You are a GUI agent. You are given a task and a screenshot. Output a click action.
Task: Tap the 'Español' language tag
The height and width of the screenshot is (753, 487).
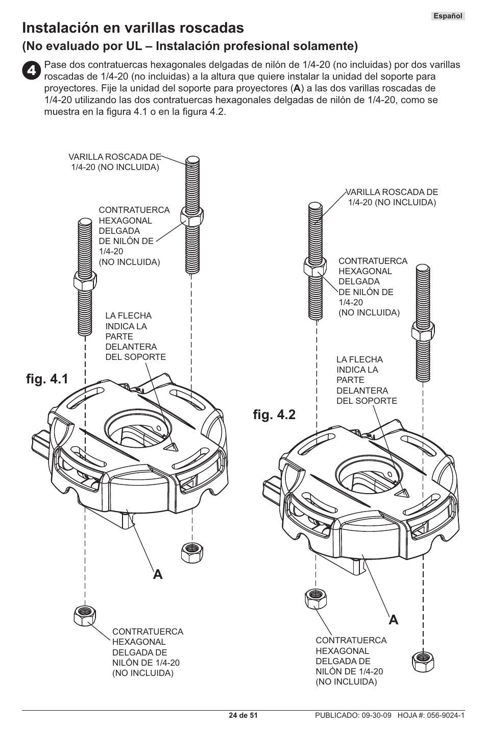point(448,16)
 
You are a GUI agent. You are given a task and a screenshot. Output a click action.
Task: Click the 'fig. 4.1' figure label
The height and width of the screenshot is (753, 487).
point(47,380)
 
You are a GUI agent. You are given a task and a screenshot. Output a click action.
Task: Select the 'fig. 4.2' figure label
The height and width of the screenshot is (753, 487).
point(274,414)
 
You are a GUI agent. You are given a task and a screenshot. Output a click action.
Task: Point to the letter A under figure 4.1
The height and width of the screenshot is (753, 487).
point(158,574)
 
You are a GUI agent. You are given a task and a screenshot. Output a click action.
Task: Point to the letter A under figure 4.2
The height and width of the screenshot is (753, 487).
point(393,620)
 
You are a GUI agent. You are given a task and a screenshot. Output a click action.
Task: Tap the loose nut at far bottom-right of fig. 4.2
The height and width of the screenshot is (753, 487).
point(422,661)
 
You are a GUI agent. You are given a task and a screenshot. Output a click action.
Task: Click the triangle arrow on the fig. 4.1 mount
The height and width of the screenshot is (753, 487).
point(170,447)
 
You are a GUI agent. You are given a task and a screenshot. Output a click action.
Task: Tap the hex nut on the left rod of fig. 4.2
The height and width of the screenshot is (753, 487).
point(315,266)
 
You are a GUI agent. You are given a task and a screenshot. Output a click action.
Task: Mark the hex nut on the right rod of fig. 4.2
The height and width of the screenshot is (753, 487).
point(423,331)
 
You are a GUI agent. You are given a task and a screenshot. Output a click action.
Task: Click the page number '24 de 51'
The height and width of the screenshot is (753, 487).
point(243,715)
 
